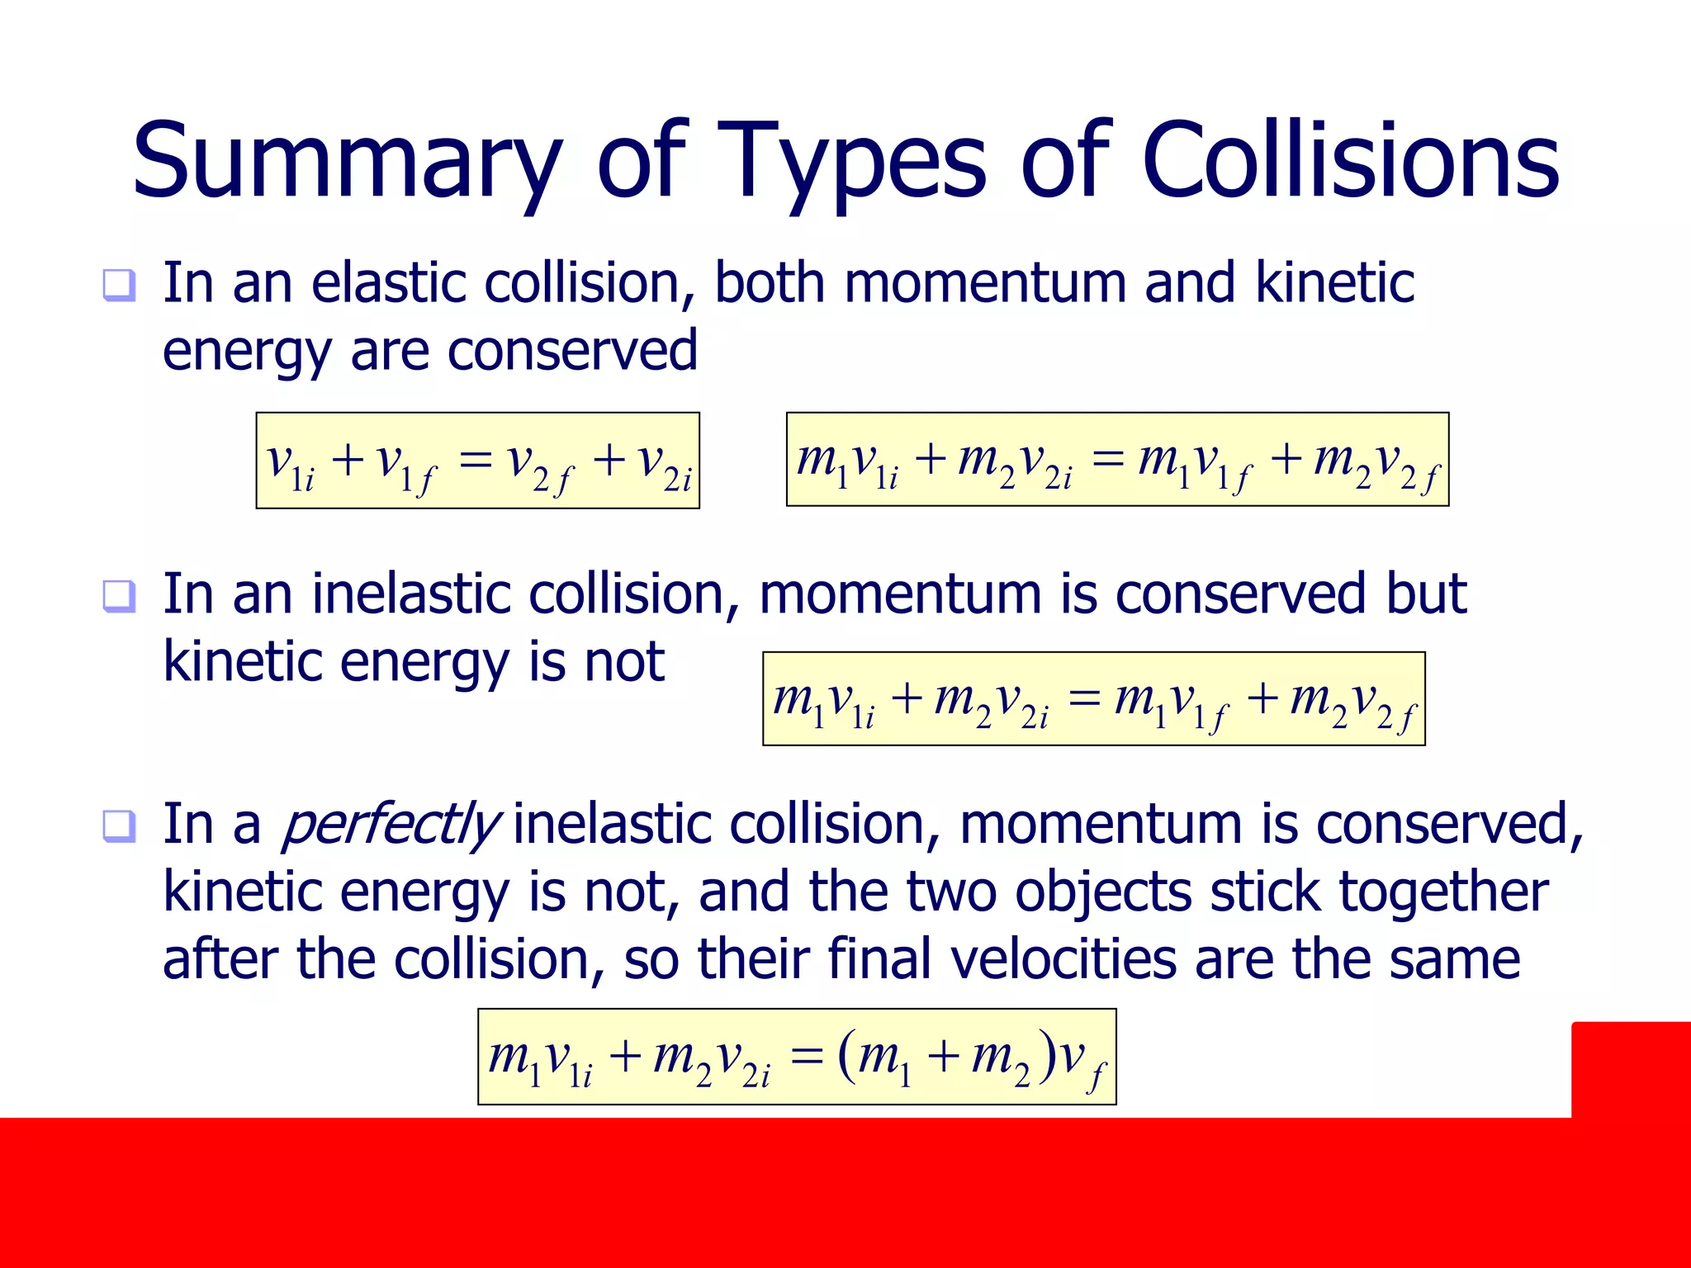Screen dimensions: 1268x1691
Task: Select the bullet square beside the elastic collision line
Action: (x=119, y=286)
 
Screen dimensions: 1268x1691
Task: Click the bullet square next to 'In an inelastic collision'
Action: (x=119, y=596)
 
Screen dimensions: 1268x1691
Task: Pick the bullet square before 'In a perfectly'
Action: (x=119, y=826)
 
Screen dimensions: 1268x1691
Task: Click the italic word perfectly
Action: (x=390, y=826)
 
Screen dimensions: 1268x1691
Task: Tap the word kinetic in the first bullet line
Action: (x=1334, y=283)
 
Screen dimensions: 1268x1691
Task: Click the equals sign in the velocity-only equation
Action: (x=476, y=460)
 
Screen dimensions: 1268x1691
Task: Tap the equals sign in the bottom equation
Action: (x=806, y=1057)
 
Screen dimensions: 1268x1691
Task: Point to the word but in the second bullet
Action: (x=1426, y=594)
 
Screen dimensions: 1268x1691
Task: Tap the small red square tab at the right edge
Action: (x=1631, y=1069)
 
